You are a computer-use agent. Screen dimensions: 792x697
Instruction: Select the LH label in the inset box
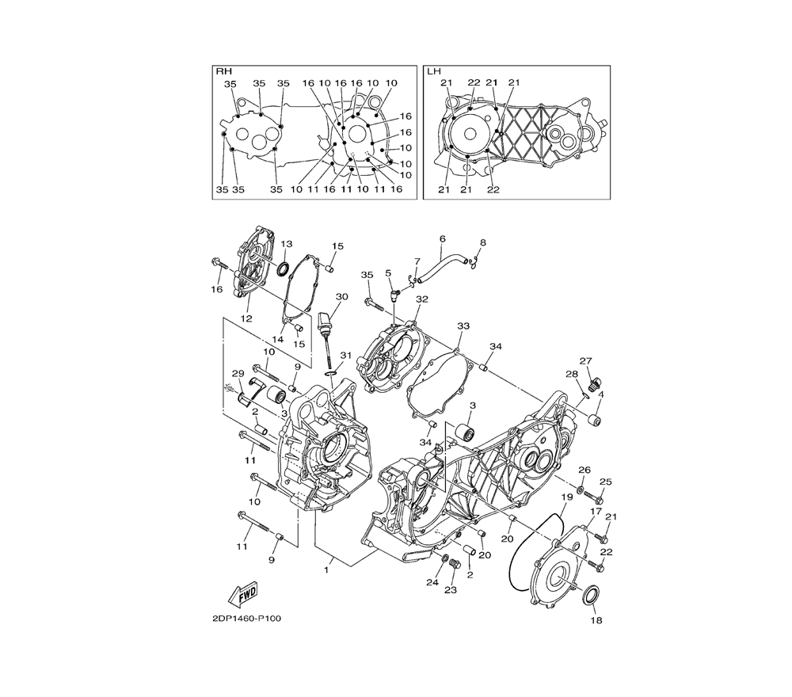(x=434, y=72)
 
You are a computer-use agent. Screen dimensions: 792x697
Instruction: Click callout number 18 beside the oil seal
(x=596, y=620)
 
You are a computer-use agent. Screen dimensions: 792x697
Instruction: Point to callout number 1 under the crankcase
(x=326, y=570)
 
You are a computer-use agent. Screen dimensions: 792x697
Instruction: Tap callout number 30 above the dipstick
(x=342, y=296)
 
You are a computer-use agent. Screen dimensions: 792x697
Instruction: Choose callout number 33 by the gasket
(x=463, y=326)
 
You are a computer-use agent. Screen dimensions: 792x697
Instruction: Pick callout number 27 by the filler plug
(x=585, y=361)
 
